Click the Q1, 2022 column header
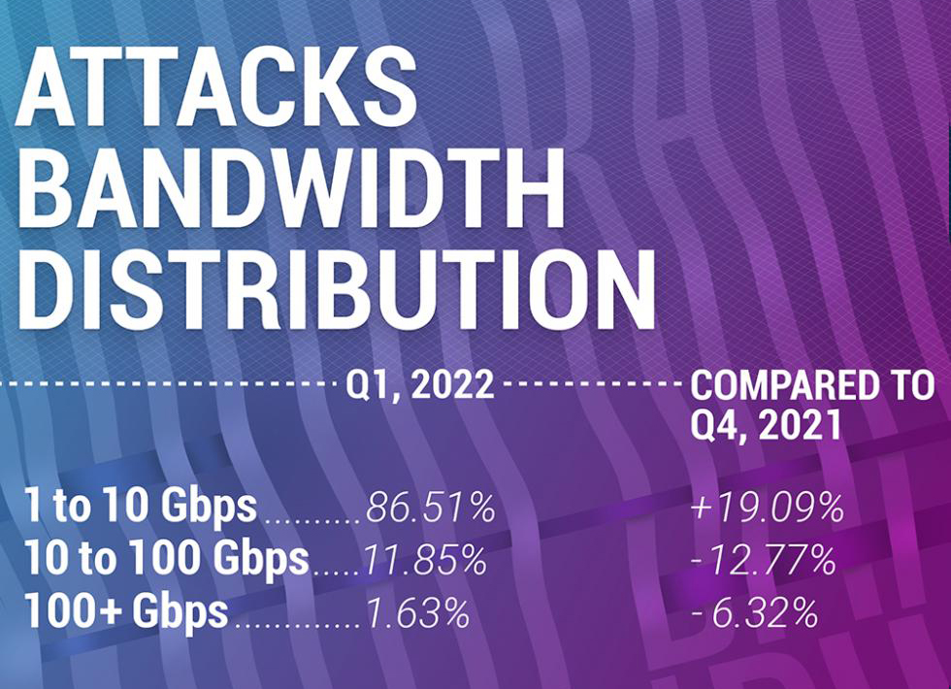point(420,385)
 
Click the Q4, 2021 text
point(766,425)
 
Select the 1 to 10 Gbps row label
point(142,508)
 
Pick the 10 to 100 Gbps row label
point(167,560)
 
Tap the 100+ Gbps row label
point(127,612)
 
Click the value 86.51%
point(430,509)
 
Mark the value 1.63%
point(418,613)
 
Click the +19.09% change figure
point(766,509)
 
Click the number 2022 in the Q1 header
point(451,385)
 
